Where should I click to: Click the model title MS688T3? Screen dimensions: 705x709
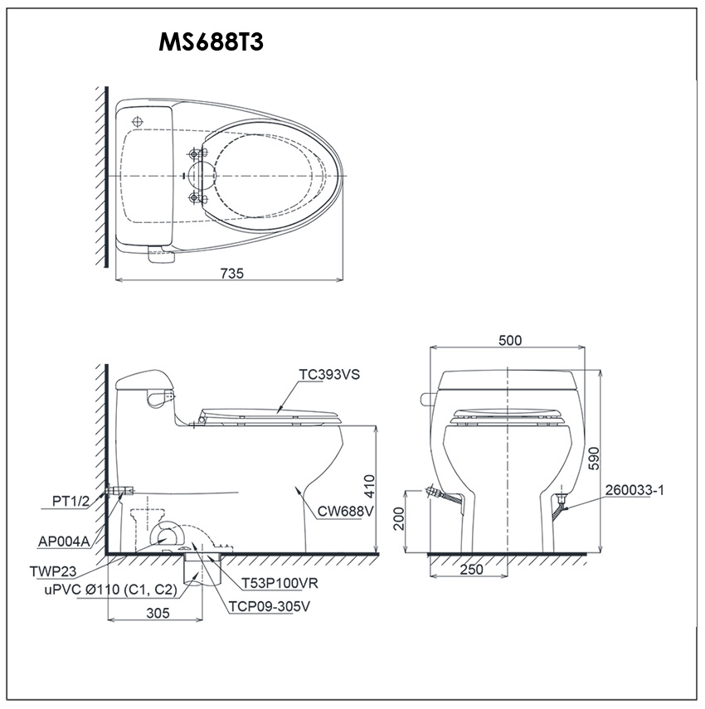click(211, 43)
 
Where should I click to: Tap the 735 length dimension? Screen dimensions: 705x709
click(232, 273)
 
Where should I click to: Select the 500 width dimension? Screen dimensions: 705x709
click(510, 340)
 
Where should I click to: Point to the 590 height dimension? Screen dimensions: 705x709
click(593, 459)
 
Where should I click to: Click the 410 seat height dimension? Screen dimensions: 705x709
click(369, 486)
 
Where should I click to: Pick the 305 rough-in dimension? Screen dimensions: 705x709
click(158, 613)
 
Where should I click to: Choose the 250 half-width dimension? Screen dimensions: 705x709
click(472, 570)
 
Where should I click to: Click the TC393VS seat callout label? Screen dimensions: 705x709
click(329, 374)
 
